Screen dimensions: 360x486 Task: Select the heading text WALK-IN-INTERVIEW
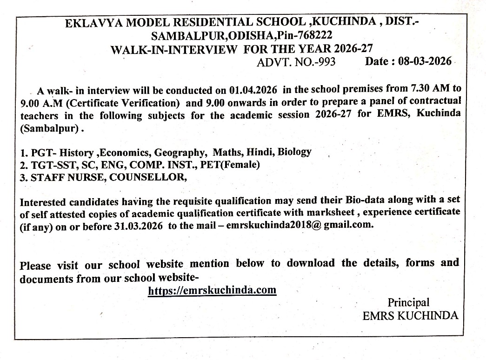coord(173,49)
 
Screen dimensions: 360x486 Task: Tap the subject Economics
coord(124,153)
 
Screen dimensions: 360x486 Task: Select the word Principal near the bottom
coord(408,303)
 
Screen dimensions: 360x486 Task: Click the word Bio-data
coord(362,200)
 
